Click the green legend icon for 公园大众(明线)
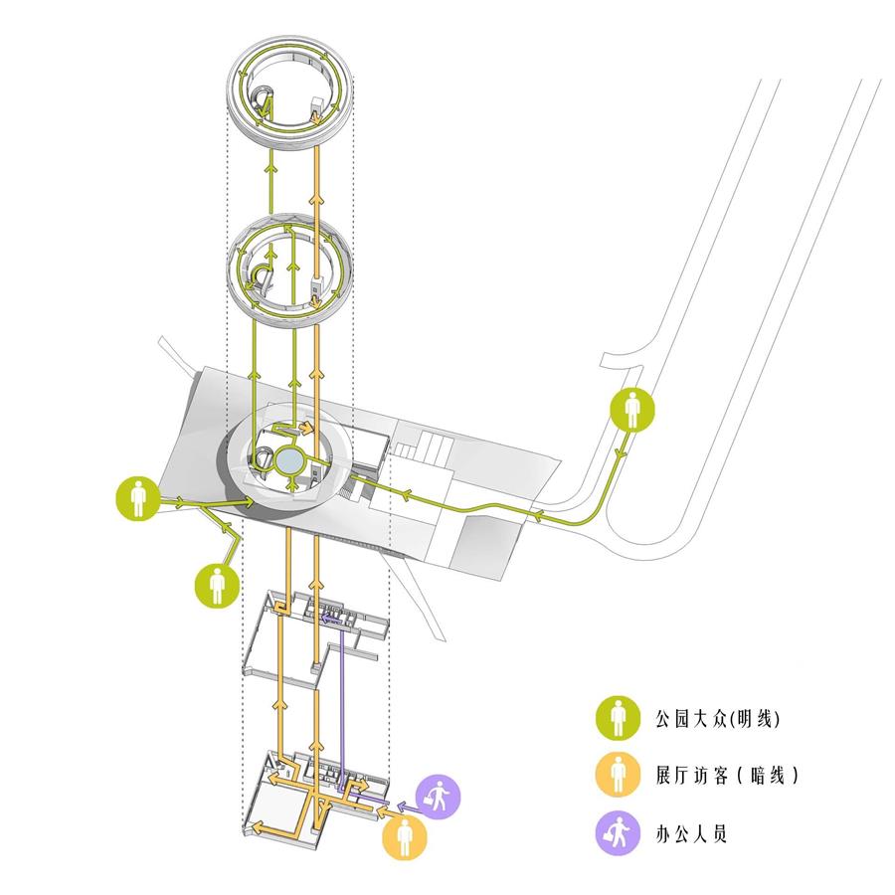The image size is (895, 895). point(618,718)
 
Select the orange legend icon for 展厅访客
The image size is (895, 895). point(618,775)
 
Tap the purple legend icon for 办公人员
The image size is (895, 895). point(618,832)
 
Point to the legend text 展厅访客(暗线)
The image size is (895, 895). point(727,775)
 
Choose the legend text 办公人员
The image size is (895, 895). point(691,833)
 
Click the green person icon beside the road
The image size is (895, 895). point(632,410)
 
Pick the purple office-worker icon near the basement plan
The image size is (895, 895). point(438,797)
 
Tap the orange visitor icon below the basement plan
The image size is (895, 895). point(404,837)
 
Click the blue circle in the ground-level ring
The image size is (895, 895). point(289,460)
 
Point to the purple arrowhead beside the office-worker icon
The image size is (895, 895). point(402,806)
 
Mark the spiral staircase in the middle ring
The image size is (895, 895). point(263,276)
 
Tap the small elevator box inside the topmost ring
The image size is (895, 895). point(316,106)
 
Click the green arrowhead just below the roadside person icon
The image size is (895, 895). point(620,453)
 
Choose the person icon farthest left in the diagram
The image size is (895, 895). point(137,498)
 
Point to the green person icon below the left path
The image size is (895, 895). point(217,586)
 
